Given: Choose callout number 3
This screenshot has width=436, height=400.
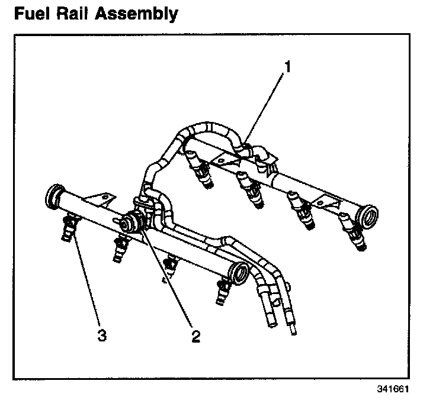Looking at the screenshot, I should tap(102, 336).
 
